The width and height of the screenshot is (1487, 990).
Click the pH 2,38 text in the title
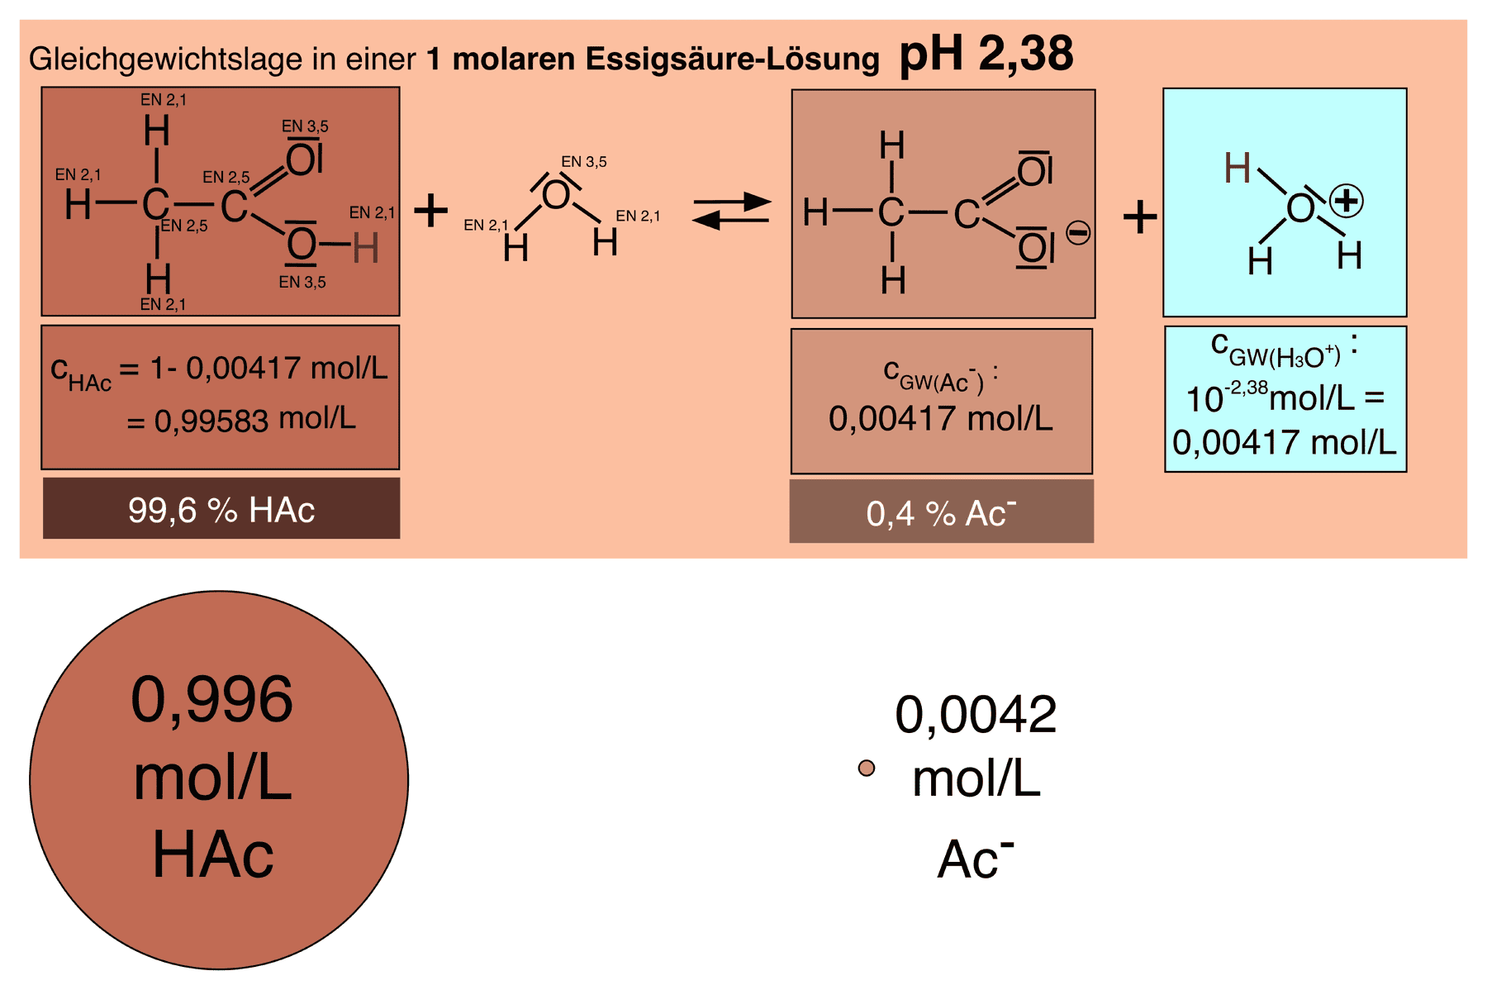tap(986, 54)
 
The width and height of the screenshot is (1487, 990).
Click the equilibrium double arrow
tap(731, 211)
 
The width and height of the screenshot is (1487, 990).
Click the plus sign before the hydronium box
tap(1140, 217)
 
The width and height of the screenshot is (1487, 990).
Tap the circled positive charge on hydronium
tap(1346, 201)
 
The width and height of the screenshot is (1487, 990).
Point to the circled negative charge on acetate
tap(1078, 233)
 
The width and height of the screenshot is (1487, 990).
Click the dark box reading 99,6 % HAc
tap(221, 509)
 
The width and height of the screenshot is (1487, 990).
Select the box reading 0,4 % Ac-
tap(941, 512)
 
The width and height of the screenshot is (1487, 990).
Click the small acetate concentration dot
tap(867, 769)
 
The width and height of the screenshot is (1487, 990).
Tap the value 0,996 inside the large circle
tap(212, 700)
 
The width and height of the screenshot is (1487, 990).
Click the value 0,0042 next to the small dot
tap(976, 715)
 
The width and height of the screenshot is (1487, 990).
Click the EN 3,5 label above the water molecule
tap(583, 162)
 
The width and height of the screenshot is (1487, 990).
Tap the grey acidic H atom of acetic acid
tap(365, 247)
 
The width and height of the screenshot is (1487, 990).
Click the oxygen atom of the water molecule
tap(556, 196)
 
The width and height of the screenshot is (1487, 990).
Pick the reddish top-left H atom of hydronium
tap(1237, 169)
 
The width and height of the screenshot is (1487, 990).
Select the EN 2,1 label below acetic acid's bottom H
tap(163, 304)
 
